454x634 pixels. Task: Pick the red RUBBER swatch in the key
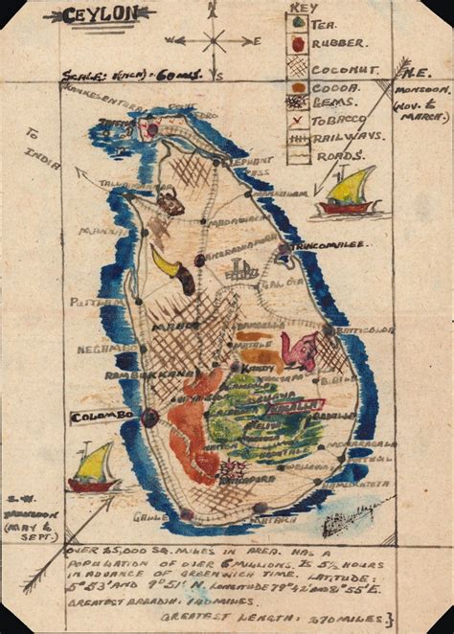[298, 44]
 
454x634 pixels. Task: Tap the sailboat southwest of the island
[93, 470]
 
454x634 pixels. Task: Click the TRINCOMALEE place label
[328, 246]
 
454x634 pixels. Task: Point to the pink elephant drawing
[304, 350]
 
